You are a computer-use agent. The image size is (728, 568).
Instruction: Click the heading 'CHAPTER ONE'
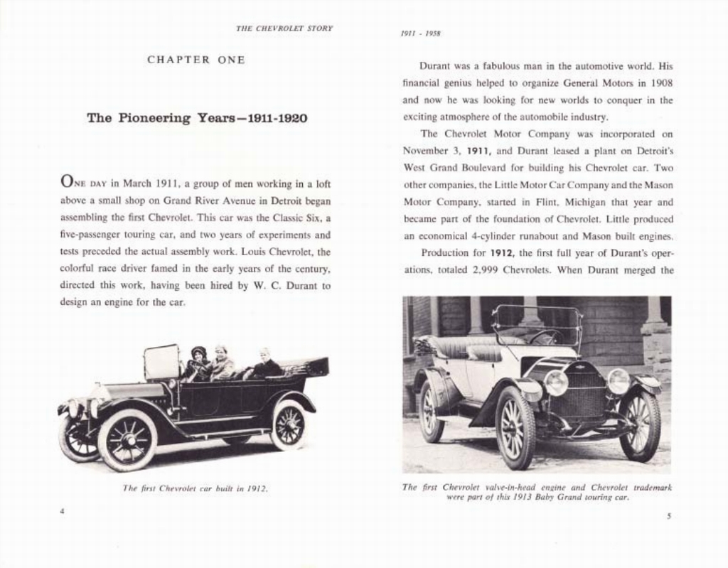196,60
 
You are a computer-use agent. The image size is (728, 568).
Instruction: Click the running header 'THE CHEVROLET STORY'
284,28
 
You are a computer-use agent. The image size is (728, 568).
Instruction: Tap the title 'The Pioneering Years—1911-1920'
197,118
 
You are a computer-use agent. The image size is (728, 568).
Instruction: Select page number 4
63,510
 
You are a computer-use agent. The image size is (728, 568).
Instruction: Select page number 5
668,516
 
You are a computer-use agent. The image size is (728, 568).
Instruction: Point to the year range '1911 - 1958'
420,33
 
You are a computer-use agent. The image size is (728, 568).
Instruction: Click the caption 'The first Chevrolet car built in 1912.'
195,488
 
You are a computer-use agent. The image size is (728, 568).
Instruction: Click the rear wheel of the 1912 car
289,424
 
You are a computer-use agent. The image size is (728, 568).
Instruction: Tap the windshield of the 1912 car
161,363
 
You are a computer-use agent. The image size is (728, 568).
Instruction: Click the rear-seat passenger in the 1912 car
265,365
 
